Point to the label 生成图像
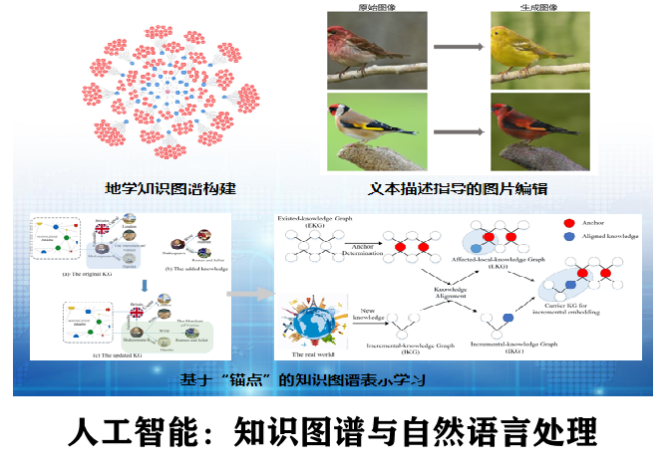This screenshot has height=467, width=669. pos(539,7)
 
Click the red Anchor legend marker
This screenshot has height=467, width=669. pos(570,223)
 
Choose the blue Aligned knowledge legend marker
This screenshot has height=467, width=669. pos(570,238)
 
